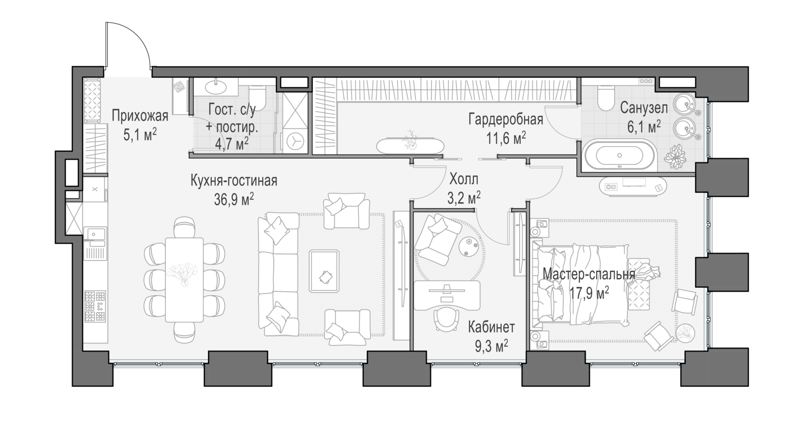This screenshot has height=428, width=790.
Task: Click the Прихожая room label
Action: pos(140,116)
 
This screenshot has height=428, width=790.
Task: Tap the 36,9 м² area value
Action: pos(234,200)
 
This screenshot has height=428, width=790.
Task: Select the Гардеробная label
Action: pos(506,120)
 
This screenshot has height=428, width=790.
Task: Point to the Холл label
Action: pos(464,180)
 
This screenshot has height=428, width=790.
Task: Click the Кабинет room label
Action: pos(491,327)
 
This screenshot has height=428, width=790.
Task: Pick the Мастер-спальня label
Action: pos(589,274)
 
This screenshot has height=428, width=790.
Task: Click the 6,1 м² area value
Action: pos(644,127)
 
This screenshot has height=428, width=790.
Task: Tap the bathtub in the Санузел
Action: pos(619,155)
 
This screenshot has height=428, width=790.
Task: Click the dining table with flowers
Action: pos(184,279)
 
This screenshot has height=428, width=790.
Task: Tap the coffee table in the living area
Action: pos(324,271)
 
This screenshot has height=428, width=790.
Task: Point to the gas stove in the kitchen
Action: pos(95,306)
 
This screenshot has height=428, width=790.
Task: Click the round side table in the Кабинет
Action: pos(469,247)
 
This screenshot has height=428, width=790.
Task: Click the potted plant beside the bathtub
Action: pos(675,157)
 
